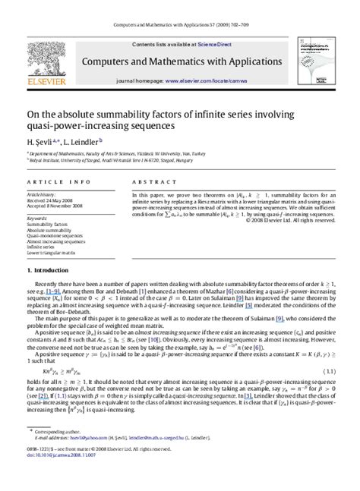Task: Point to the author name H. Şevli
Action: pyautogui.click(x=41, y=142)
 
